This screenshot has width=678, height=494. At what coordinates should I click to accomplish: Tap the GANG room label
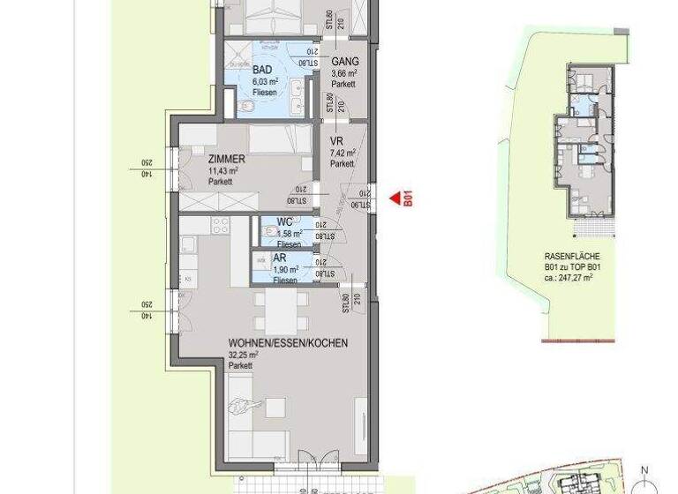[x=344, y=61]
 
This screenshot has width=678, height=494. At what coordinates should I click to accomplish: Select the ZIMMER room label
[x=228, y=160]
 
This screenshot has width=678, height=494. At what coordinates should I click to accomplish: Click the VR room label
[x=335, y=141]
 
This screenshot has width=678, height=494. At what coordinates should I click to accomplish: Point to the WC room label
[x=284, y=223]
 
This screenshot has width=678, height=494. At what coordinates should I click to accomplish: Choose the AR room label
[x=280, y=258]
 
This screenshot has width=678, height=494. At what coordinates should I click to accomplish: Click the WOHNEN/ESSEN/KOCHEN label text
[x=288, y=343]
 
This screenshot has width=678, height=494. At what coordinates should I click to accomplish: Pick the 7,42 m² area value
[x=343, y=153]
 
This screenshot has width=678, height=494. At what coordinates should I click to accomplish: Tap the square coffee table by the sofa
[x=276, y=408]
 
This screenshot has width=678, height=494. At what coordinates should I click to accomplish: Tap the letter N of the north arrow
[x=646, y=469]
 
